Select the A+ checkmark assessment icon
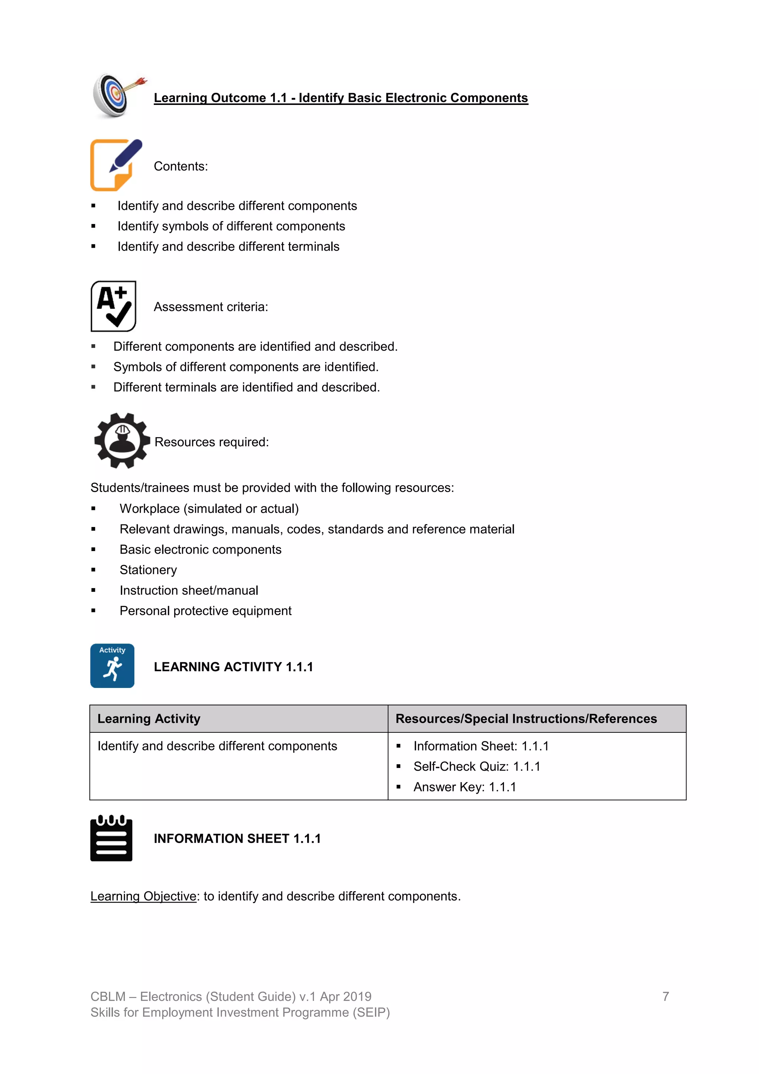[113, 306]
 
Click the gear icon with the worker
[122, 441]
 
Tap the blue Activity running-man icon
[112, 666]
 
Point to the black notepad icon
[111, 838]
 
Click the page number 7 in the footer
[666, 996]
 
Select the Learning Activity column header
[149, 718]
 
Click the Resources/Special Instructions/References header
[526, 718]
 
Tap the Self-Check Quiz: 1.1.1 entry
[477, 766]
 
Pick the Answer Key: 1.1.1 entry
[465, 787]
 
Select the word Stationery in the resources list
[148, 570]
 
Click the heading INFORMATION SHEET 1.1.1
[237, 838]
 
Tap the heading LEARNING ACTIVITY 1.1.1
[233, 666]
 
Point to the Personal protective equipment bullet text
[205, 610]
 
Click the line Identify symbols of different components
[231, 226]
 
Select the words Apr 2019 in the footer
[345, 996]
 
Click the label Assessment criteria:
[211, 307]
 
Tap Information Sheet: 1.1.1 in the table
[481, 746]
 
